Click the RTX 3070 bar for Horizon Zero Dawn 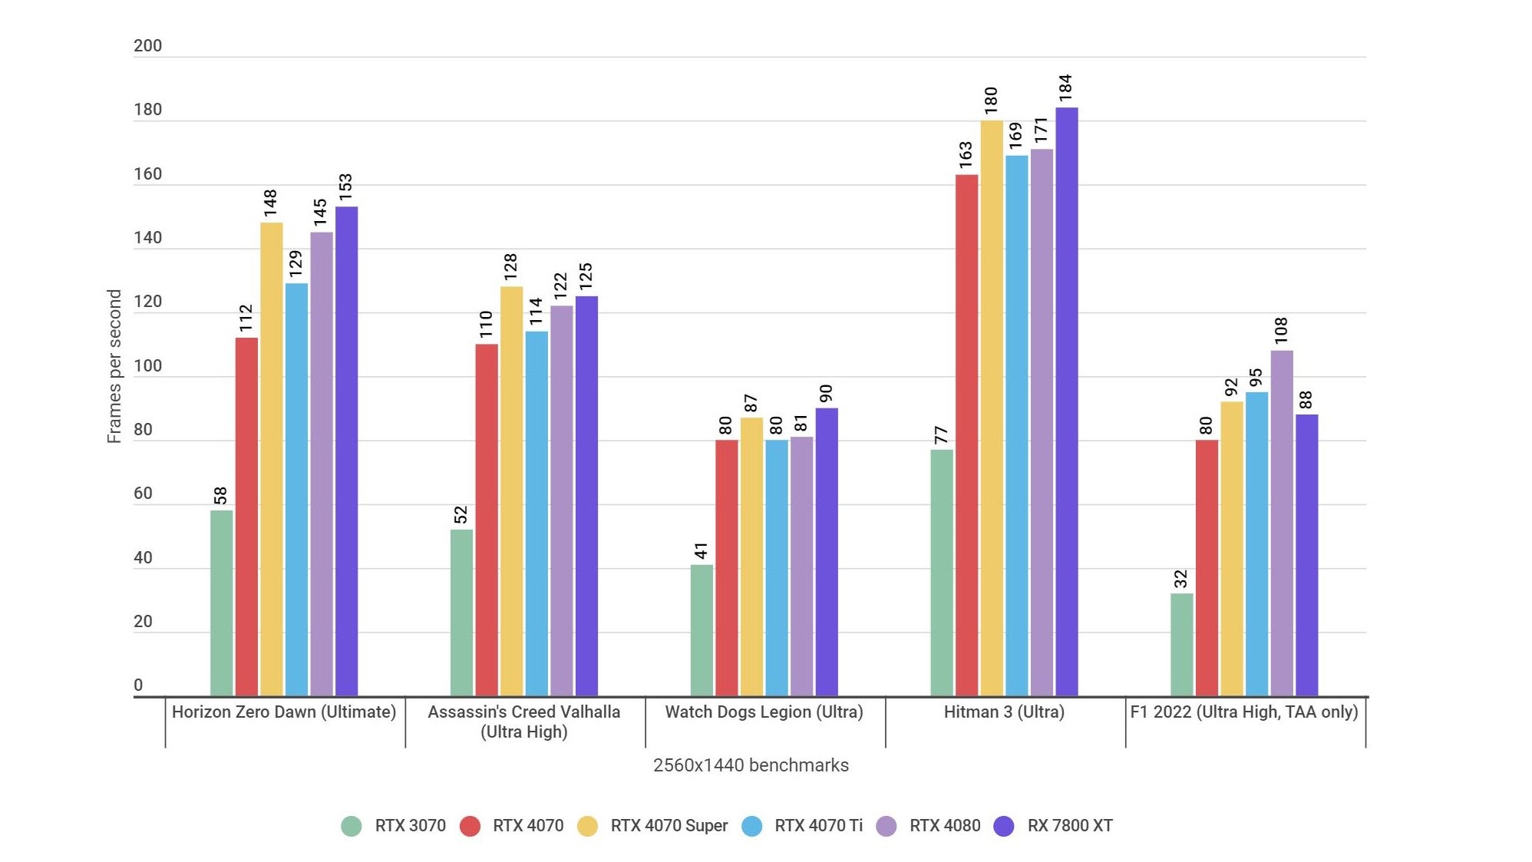221,603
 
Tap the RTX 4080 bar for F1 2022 1281,523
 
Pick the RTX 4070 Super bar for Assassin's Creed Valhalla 511,491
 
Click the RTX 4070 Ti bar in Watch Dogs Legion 776,568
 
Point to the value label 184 1065,88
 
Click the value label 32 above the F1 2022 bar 1180,578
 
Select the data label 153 345,187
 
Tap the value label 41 701,550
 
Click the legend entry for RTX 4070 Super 668,826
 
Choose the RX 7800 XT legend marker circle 1003,826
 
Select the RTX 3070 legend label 410,826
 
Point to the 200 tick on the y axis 147,46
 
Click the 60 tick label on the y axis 143,494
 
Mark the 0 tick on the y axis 138,685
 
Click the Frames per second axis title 114,366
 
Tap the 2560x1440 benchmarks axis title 750,765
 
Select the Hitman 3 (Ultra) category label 1003,712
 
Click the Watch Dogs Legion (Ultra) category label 764,712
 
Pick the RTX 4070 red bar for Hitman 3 966,435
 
